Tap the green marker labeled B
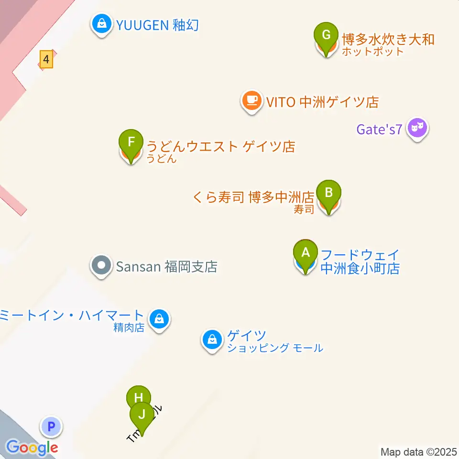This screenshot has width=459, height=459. [328, 193]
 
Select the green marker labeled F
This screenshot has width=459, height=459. [131, 142]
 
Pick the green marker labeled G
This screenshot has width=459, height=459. [327, 35]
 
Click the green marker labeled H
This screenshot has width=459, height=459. [139, 398]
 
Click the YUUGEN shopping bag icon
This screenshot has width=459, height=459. [102, 23]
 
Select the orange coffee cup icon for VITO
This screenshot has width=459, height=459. [251, 100]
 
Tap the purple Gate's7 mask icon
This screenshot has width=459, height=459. [417, 128]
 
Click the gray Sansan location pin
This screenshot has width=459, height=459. [101, 264]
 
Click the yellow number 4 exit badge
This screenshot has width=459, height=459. [46, 60]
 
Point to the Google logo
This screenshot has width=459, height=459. [32, 448]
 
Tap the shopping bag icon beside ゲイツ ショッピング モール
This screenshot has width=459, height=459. [211, 340]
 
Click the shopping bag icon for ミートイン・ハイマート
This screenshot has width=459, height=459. [159, 318]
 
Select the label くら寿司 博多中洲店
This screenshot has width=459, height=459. [253, 197]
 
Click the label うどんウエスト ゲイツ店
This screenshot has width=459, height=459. [220, 146]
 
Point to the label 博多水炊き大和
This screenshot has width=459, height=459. [388, 39]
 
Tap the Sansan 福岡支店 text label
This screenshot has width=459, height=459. [166, 266]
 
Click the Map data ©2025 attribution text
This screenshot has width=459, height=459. [418, 452]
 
